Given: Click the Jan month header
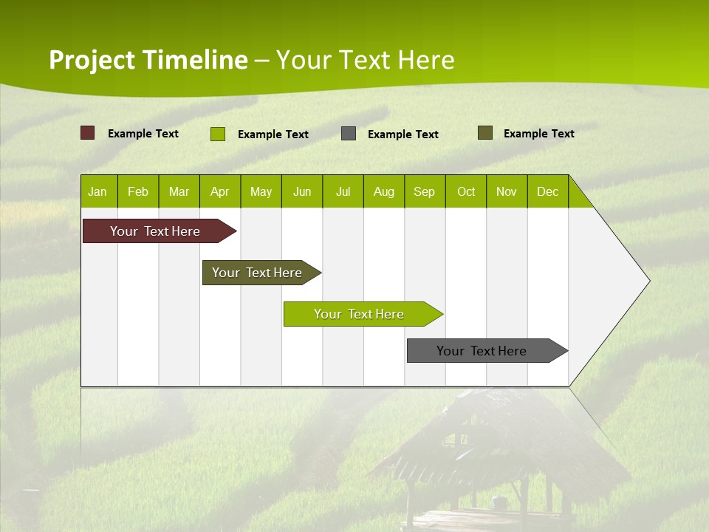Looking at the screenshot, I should coord(97,192).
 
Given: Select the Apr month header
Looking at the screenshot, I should coord(220,192).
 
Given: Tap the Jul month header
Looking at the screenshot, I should coord(343,192).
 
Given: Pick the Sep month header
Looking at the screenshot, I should coord(424,192).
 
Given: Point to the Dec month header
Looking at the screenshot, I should coord(547,192).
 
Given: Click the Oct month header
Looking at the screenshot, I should coord(466,192).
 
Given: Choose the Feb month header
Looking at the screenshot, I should coord(138,192).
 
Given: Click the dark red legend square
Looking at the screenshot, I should coord(88,133).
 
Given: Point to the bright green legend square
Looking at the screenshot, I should coord(218,134).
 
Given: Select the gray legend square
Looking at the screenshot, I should coord(349,134).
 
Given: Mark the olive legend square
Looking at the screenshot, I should coord(485,133).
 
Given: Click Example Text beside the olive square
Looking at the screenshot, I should coord(538,134).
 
